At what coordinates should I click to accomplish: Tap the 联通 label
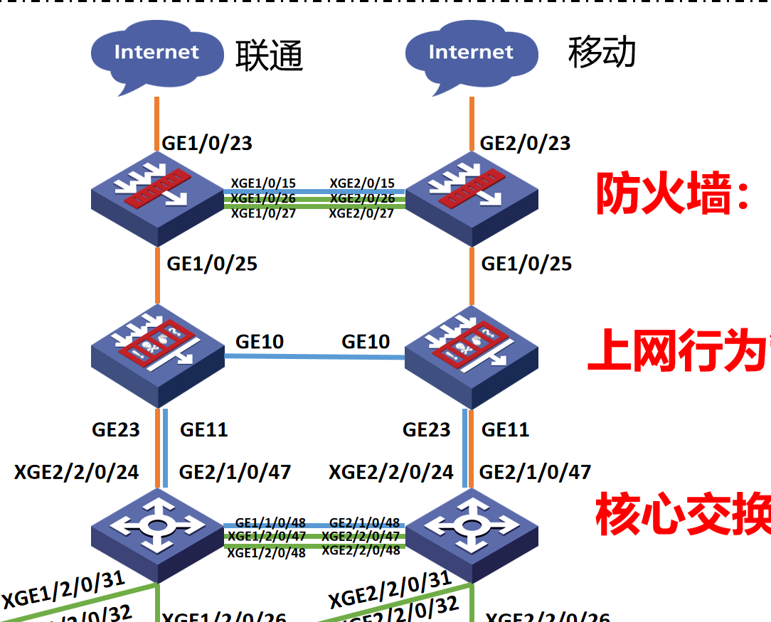coord(270,55)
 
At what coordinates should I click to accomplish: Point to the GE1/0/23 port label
coord(207,143)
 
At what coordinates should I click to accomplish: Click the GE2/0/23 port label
coord(525,143)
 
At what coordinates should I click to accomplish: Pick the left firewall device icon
coord(156,199)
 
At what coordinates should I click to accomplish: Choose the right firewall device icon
coord(471,199)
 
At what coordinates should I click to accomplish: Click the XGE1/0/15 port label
coord(263,183)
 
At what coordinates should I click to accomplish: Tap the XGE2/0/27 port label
coord(361,213)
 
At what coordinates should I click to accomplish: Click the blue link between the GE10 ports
coord(313,357)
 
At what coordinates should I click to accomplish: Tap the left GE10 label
coord(260,342)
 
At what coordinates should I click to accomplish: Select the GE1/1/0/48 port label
coord(270,522)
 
